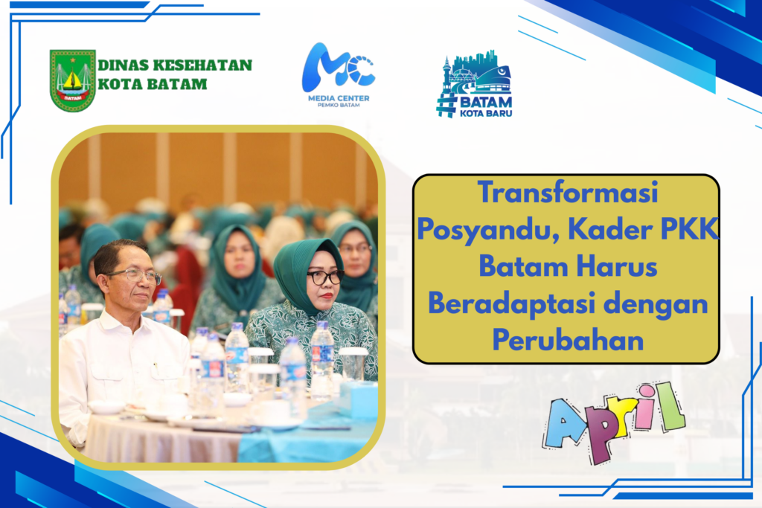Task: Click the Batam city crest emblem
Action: click(x=73, y=80)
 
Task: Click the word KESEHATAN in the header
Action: click(x=203, y=65)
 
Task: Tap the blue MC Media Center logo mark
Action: click(x=339, y=67)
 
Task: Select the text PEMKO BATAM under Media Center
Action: click(x=339, y=105)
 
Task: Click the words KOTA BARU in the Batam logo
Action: click(x=486, y=114)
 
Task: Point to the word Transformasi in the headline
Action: click(x=568, y=193)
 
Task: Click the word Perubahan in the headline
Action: click(x=568, y=341)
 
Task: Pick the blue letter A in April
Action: click(x=566, y=423)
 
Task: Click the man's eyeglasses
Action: click(x=137, y=276)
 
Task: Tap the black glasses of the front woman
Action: click(x=325, y=277)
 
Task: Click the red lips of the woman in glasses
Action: click(x=327, y=295)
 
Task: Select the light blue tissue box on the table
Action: click(x=359, y=400)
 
